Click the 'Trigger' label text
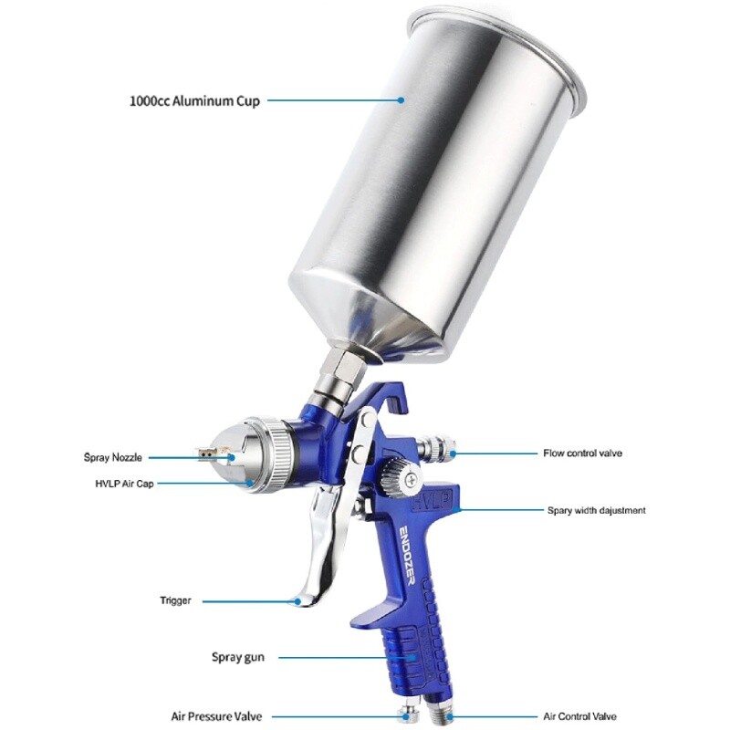[x=175, y=601]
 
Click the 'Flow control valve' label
[x=595, y=453]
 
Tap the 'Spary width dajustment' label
[x=596, y=511]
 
